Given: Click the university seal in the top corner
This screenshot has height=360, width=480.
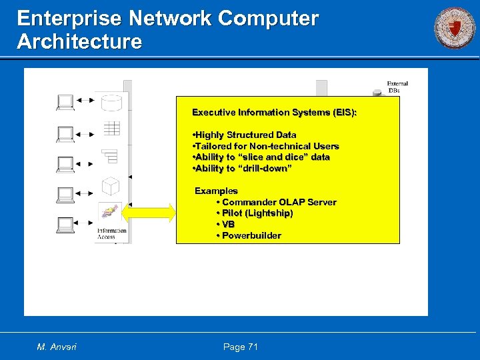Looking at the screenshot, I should [455, 28].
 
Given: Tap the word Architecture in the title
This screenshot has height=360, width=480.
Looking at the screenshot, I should [79, 41].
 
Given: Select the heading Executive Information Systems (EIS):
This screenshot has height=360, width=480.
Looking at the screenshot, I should [274, 113].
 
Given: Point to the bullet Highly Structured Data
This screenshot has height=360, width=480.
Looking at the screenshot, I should [244, 135].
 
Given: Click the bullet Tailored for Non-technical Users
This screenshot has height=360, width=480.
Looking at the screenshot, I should [265, 146].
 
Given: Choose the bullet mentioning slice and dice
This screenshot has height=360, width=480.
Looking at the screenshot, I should [261, 157].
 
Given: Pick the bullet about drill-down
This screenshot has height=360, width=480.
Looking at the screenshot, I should [242, 169].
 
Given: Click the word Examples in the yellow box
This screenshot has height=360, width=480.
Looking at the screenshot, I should [216, 191].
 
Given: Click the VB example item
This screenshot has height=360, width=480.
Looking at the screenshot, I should [227, 225].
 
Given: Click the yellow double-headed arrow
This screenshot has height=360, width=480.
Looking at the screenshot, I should [149, 213].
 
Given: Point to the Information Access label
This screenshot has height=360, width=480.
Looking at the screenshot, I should [111, 234].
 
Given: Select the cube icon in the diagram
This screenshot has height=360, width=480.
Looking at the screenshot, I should [110, 186].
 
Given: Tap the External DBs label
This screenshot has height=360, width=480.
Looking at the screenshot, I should [397, 87].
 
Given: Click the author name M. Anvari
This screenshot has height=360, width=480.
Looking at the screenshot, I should [57, 347].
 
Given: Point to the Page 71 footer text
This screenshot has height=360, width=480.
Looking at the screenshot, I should [239, 347].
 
